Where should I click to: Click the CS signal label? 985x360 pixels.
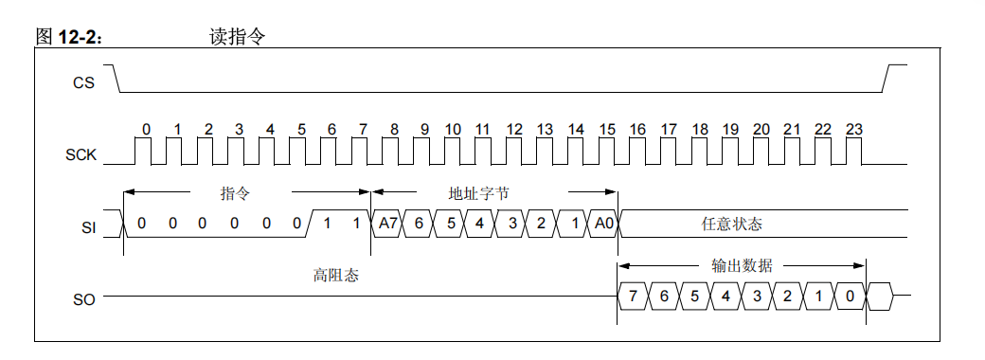(83, 82)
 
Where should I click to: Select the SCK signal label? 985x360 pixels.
(81, 155)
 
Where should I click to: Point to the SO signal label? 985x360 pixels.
(85, 299)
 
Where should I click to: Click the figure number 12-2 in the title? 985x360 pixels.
(79, 37)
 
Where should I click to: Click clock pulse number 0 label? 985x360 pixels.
(147, 130)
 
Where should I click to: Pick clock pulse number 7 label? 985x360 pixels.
(363, 130)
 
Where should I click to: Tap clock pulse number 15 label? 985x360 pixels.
(607, 130)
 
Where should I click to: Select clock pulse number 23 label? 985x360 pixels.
(853, 130)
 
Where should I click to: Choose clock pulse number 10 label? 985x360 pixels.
(453, 130)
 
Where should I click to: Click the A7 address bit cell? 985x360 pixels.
(386, 224)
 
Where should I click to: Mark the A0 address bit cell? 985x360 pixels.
(603, 224)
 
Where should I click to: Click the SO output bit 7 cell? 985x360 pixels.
(633, 296)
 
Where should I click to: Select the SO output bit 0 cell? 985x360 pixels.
(850, 296)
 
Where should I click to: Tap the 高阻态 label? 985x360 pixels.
(336, 275)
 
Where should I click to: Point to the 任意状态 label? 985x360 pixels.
(732, 225)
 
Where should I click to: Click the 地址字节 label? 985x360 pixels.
(478, 193)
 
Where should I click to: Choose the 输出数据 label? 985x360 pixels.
(742, 266)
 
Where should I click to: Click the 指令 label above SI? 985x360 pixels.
(235, 193)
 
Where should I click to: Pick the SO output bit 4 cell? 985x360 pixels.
(725, 296)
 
